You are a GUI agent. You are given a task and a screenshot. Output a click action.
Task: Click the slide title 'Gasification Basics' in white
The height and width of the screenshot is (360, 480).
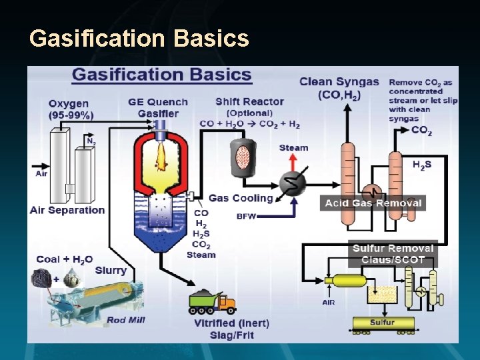pyautogui.click(x=139, y=39)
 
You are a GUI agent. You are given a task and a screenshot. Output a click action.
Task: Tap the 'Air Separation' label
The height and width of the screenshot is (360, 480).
pyautogui.click(x=67, y=210)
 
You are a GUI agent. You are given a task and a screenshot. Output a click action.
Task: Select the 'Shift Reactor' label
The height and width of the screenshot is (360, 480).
pyautogui.click(x=249, y=102)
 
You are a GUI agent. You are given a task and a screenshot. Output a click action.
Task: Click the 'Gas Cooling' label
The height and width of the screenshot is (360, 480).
pyautogui.click(x=241, y=198)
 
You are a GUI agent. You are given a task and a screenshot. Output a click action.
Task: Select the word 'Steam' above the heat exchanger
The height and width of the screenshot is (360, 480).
pyautogui.click(x=293, y=148)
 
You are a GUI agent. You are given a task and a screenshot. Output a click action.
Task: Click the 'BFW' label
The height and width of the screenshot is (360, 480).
pyautogui.click(x=247, y=216)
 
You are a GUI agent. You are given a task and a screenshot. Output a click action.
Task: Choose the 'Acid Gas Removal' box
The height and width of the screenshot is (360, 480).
pyautogui.click(x=373, y=203)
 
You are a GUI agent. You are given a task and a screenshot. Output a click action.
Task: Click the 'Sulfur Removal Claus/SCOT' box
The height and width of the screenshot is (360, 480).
pyautogui.click(x=393, y=253)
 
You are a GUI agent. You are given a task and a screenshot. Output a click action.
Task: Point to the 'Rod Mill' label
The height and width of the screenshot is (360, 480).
pyautogui.click(x=126, y=320)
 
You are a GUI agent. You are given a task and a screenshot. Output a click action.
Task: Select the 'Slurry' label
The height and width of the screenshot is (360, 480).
pyautogui.click(x=111, y=270)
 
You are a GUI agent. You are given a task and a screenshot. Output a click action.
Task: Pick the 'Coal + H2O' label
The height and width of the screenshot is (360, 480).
pyautogui.click(x=64, y=259)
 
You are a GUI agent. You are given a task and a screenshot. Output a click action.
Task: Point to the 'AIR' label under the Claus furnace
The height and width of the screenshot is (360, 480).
pyautogui.click(x=329, y=302)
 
